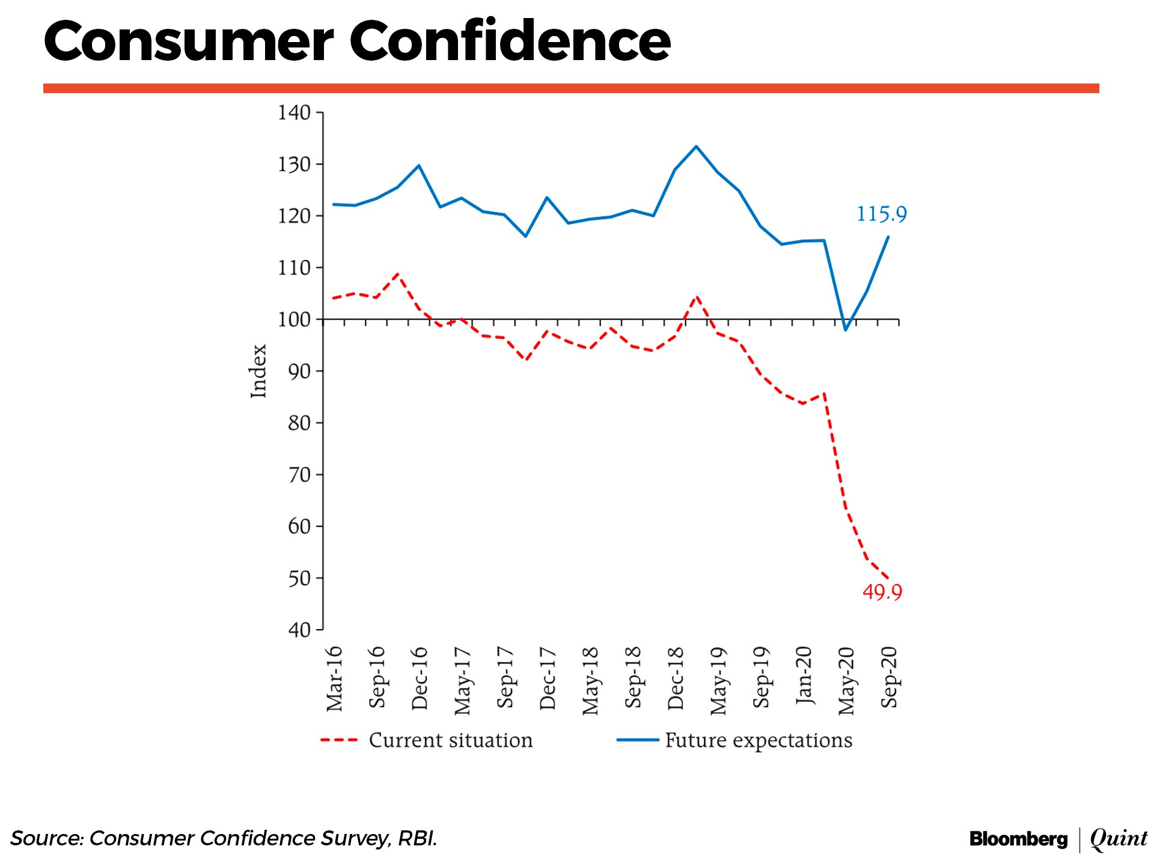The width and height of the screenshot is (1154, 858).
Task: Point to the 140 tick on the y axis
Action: pos(294,112)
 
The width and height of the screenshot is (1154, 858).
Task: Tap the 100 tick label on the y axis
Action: pos(294,319)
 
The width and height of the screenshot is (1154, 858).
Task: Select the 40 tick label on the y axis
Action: pos(299,630)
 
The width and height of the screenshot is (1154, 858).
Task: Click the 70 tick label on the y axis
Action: pos(299,475)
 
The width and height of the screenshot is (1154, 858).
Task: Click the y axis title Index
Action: pos(258,371)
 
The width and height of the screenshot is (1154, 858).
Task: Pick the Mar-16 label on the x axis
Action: pos(334,679)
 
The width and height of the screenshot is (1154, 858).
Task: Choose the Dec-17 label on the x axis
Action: pos(548,679)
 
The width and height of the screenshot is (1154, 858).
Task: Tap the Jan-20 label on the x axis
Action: pos(804,675)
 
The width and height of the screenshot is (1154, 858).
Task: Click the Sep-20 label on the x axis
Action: pos(889,678)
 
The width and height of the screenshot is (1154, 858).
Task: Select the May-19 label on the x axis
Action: pos(718,681)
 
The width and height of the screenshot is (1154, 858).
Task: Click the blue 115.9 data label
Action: pos(881,214)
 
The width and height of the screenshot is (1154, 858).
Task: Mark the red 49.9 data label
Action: pos(882,592)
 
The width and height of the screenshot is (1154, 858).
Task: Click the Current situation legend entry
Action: pos(450,740)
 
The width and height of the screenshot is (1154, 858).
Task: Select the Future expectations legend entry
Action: pos(758,740)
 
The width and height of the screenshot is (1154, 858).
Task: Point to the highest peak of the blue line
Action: pos(696,146)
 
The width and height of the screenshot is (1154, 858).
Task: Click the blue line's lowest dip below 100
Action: pos(846,330)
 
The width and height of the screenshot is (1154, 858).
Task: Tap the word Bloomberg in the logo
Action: pos(1018,839)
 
